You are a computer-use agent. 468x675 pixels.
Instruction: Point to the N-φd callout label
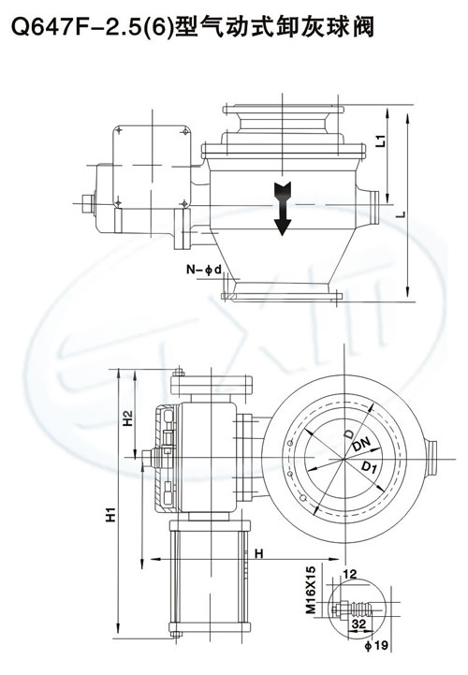click(204, 270)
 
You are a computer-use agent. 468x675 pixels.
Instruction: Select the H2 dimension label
click(128, 418)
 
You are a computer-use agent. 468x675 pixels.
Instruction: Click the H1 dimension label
click(111, 515)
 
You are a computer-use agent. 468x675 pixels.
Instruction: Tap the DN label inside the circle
click(361, 444)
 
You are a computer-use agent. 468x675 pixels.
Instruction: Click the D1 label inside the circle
click(368, 466)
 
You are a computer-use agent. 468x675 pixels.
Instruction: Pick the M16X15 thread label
click(311, 589)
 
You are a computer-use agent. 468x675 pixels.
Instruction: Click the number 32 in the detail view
click(358, 624)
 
